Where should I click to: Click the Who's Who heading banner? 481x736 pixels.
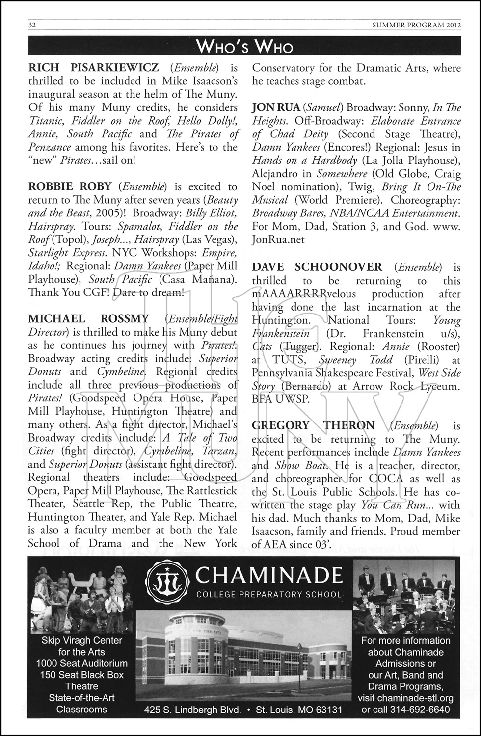click(244, 47)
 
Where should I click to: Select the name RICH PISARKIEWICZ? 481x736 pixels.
click(93, 68)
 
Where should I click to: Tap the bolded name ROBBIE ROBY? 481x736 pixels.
click(71, 187)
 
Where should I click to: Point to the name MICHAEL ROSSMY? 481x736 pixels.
click(88, 319)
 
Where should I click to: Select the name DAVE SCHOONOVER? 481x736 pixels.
click(317, 267)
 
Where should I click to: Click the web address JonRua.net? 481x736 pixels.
click(278, 239)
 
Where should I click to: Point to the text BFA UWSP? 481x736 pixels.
click(281, 399)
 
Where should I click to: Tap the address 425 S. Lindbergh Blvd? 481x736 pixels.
click(197, 710)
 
